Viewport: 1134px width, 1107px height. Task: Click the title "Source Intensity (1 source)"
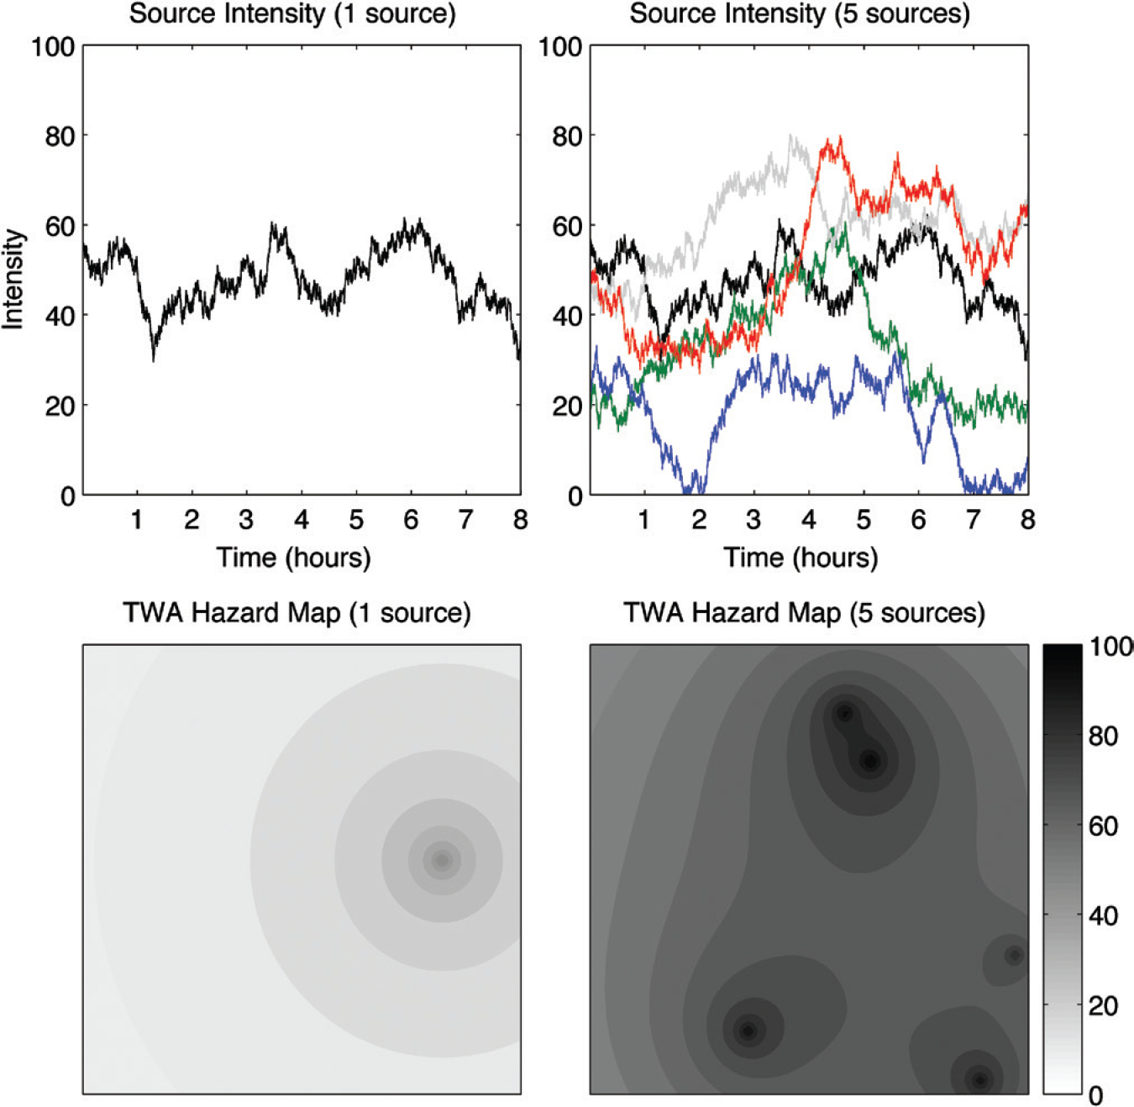(292, 14)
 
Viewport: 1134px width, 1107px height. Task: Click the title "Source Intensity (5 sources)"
(799, 14)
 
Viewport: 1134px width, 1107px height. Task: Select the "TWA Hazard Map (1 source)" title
(297, 613)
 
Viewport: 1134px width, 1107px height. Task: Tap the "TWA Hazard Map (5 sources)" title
(804, 613)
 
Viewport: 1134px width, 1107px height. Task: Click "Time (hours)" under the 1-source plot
(294, 557)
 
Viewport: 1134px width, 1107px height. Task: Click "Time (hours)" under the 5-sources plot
(801, 557)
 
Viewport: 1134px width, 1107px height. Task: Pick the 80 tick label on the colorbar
(1103, 737)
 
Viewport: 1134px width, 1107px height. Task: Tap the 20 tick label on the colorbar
(1103, 1005)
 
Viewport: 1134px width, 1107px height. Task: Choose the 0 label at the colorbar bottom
(1095, 1095)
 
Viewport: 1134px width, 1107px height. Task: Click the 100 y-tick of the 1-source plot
(53, 47)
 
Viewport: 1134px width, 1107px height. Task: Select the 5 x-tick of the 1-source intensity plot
(356, 520)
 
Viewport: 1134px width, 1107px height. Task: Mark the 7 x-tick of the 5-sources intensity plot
(973, 520)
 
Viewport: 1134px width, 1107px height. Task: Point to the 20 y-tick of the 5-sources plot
(567, 406)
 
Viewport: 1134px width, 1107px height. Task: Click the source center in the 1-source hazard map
(442, 860)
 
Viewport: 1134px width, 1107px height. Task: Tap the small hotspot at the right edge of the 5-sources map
(1015, 956)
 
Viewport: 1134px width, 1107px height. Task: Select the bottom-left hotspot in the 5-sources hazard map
(748, 1031)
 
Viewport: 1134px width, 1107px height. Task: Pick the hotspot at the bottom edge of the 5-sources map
(979, 1080)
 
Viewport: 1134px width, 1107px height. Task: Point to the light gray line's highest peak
(790, 137)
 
